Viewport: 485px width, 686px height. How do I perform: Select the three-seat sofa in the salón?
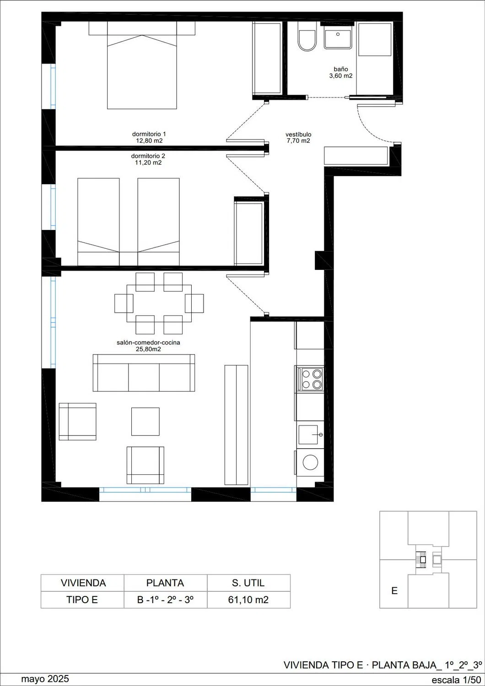[144, 373]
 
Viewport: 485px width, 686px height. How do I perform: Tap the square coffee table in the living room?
[145, 421]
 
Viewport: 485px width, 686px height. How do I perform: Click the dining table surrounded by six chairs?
[159, 304]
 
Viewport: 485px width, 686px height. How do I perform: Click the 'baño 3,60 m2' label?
[341, 73]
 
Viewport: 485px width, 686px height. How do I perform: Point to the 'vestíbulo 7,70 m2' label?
[298, 138]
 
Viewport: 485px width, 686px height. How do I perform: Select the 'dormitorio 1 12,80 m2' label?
[149, 137]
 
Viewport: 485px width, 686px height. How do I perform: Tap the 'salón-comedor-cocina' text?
[148, 343]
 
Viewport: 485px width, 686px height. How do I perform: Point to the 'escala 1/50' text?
[456, 680]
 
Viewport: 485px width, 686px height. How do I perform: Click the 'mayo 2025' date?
[45, 679]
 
